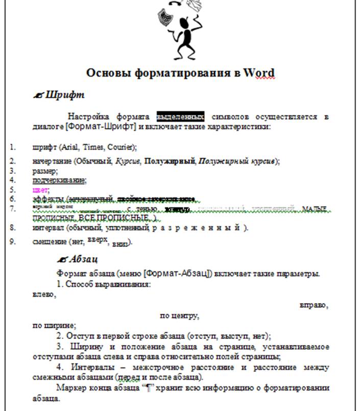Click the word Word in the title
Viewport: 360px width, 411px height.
tap(259, 73)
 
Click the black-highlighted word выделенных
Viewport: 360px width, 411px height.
tap(180, 117)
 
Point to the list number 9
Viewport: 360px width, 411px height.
tap(13, 242)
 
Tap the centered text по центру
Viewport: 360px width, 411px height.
tap(179, 315)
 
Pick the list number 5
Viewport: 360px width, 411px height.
tap(12, 189)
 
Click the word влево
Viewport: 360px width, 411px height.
tap(43, 295)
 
